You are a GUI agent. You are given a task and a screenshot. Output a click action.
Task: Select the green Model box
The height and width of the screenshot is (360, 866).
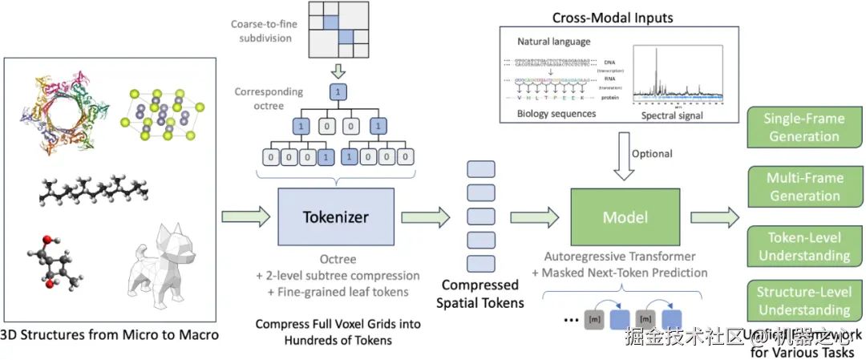point(625,216)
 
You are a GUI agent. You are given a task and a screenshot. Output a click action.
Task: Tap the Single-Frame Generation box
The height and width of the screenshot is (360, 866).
point(805,127)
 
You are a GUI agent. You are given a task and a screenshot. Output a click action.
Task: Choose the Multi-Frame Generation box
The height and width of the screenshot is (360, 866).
point(805,186)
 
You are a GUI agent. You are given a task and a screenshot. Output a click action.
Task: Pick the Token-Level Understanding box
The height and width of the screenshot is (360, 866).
point(805,246)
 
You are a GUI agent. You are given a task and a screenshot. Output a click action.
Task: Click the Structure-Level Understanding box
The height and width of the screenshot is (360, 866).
point(805,301)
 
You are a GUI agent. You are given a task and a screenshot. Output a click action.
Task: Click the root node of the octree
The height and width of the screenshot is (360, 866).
point(338,93)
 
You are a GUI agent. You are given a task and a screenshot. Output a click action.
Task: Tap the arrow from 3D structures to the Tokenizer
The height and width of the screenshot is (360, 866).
point(244,216)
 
